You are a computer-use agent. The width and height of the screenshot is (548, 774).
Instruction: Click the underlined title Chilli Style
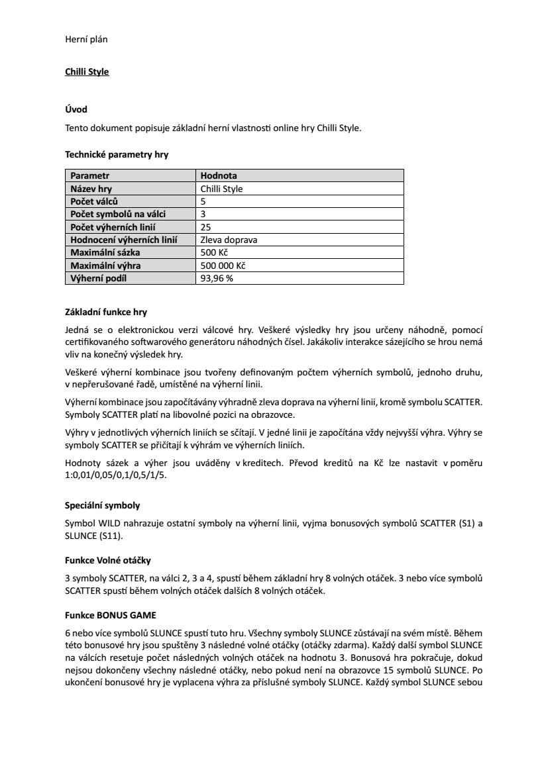coord(87,72)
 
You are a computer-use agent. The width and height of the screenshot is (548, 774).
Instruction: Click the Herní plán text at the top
coord(86,39)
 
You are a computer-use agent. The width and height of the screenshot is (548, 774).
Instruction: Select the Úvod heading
coord(76,109)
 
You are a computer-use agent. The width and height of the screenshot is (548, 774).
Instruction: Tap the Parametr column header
coord(90,175)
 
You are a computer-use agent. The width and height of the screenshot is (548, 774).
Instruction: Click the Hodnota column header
coord(219,175)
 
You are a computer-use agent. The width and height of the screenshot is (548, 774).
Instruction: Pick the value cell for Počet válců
coord(203,201)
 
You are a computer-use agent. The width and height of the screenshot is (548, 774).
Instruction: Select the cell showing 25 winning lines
coord(205,226)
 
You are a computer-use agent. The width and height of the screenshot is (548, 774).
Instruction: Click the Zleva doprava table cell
coord(229,240)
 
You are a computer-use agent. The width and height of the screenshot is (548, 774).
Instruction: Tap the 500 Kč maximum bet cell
coord(213,252)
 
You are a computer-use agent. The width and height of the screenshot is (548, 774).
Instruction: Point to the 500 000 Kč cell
coord(223,266)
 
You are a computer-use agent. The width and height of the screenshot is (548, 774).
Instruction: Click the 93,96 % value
coord(217,278)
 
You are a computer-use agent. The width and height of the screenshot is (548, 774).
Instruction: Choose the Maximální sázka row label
coord(105,252)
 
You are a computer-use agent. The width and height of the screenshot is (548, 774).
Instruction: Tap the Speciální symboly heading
coord(102,505)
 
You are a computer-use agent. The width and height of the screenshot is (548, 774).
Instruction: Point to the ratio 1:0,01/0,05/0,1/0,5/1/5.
coord(116,475)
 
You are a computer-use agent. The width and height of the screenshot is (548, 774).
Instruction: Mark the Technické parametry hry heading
coord(116,154)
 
